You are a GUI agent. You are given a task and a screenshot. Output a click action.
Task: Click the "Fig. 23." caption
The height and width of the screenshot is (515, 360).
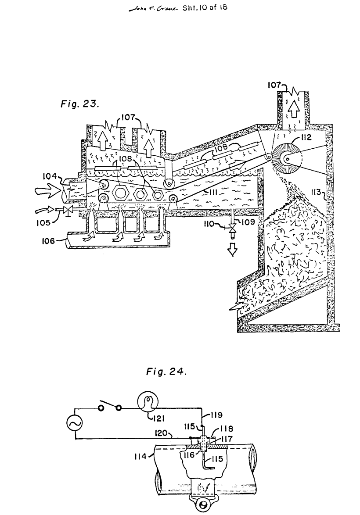click(x=79, y=104)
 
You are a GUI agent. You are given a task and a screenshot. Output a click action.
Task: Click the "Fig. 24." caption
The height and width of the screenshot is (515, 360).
click(x=166, y=372)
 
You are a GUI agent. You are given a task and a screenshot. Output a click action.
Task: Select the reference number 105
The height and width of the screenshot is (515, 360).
click(x=43, y=222)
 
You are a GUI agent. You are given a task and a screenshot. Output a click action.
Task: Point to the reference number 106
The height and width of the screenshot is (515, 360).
click(x=48, y=241)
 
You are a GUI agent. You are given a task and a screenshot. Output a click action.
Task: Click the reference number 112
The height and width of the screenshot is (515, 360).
click(x=306, y=137)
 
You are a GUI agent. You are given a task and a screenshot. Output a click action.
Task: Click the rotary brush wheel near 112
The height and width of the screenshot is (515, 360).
click(x=288, y=159)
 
